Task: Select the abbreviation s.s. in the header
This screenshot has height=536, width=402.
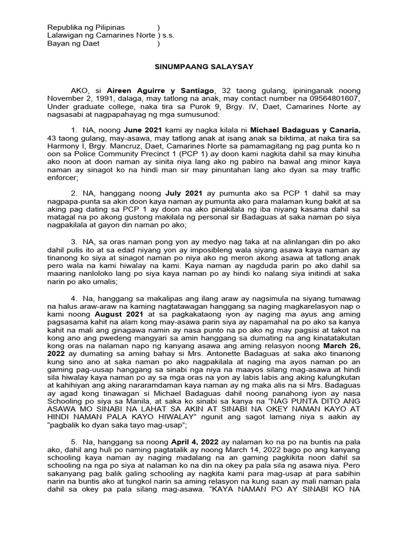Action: pyautogui.click(x=168, y=36)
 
